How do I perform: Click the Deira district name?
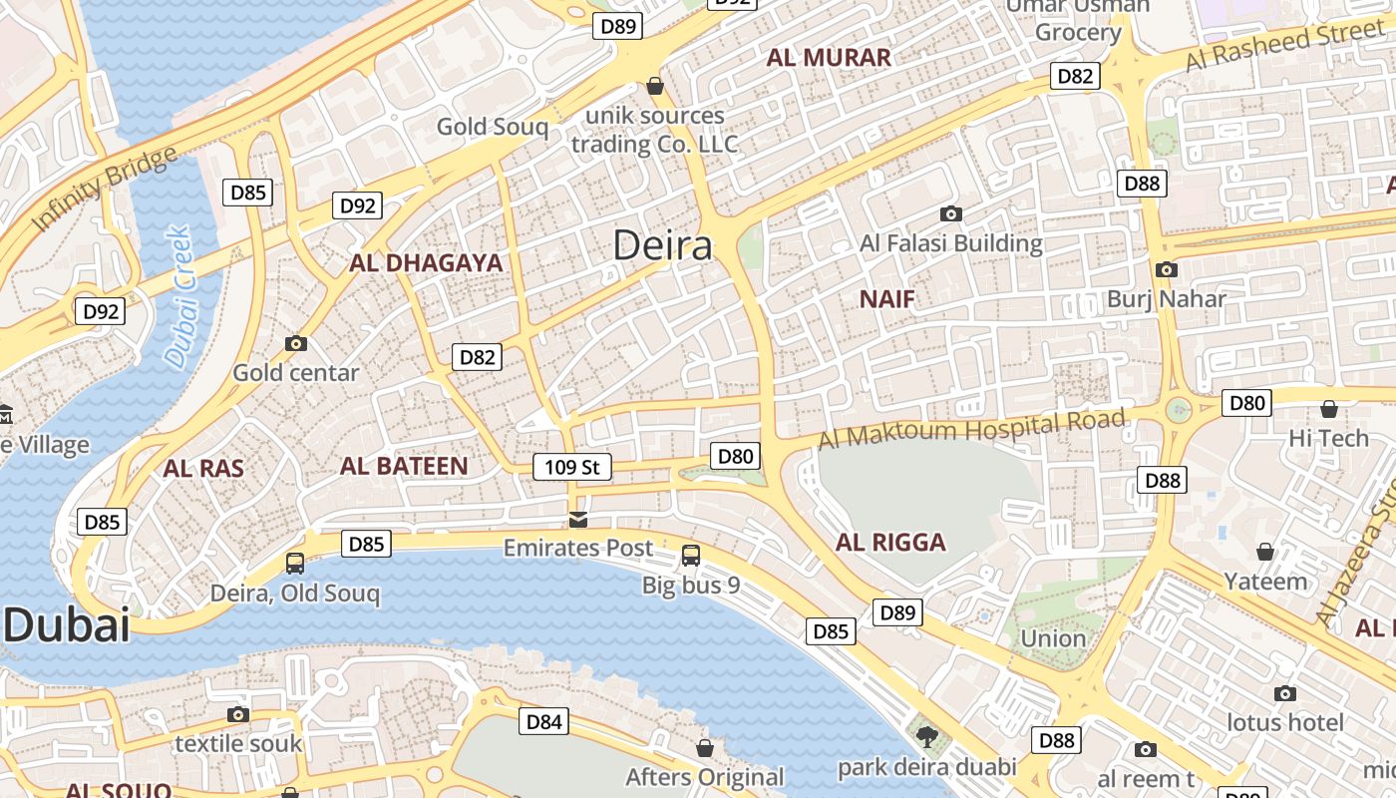point(662,245)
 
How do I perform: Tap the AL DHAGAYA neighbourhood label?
point(426,263)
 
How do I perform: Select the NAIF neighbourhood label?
point(886,299)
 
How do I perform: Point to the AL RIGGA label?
point(890,543)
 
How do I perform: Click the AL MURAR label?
point(829,58)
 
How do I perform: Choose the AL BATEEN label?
point(404,466)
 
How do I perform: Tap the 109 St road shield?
point(571,467)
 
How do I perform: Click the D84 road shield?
point(543,721)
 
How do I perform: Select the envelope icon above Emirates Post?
point(578,519)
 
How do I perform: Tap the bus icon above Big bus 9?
point(691,556)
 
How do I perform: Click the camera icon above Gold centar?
point(296,344)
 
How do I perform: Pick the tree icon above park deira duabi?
point(927,738)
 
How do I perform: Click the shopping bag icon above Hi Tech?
point(1328,409)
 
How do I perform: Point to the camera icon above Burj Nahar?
point(1166,269)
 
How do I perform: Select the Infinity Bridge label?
point(105,189)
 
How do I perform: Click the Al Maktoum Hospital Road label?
point(972,429)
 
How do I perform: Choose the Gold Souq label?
point(493,127)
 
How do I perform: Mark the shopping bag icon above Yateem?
point(1265,552)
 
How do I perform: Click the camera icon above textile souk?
point(237,714)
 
